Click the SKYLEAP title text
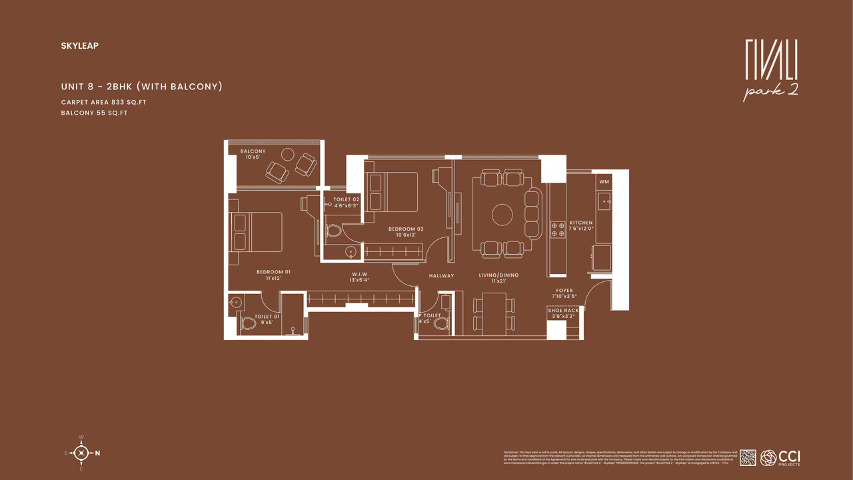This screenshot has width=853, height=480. coord(79,46)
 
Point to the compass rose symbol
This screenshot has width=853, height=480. coord(81,453)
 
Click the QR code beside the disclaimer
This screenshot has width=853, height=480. coord(748,457)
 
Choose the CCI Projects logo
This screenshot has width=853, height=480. coord(780,457)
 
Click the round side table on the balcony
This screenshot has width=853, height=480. coord(287,153)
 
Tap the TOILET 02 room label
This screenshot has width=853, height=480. coord(347,199)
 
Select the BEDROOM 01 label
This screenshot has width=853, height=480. coord(273,271)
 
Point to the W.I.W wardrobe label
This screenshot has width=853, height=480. coord(360,275)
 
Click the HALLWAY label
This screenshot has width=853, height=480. coord(441,275)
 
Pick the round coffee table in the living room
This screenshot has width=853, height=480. coord(502,214)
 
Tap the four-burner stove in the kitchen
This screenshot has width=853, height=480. coord(557,230)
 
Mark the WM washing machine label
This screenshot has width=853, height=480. coord(604,181)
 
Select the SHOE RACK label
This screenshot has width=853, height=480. coord(563,311)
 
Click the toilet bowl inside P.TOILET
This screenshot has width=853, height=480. coord(440,324)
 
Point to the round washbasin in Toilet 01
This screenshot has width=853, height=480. coord(233,302)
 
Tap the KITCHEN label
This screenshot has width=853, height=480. coord(580,223)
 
